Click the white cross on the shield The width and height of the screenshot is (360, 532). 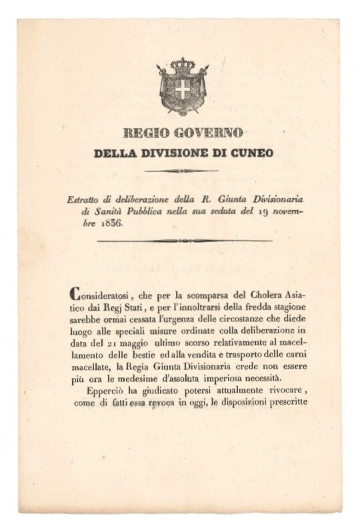[182, 89]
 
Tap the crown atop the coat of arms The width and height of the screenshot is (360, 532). [182, 65]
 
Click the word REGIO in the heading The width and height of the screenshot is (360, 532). [145, 133]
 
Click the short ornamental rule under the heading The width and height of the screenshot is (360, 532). [181, 171]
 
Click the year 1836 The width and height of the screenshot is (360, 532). [111, 223]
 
